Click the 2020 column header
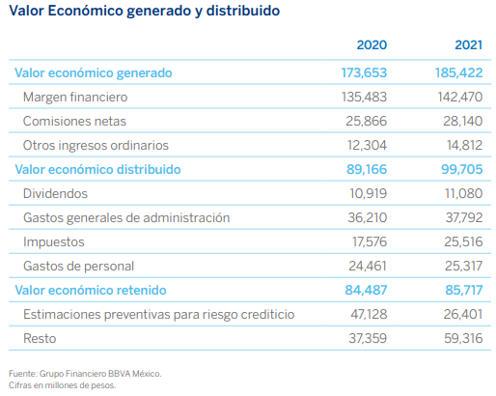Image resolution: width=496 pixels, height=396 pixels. coord(372,44)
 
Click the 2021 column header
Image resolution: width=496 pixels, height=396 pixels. coord(468,44)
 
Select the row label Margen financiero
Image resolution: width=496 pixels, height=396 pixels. coord(75,98)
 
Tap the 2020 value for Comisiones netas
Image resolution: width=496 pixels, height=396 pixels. coord(366,121)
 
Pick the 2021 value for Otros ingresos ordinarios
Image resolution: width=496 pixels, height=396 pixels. coord(464,145)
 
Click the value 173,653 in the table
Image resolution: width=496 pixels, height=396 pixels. coord(364,72)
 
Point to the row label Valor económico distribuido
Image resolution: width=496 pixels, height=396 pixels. coord(97,169)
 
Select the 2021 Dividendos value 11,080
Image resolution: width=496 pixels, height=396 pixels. coord(463,193)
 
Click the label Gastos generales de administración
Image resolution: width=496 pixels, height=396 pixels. coord(126,218)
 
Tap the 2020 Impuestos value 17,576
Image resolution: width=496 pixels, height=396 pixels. coord(370,241)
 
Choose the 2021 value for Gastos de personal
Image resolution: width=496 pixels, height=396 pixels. coord(463,266)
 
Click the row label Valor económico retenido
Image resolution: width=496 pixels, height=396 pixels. coord(91,290)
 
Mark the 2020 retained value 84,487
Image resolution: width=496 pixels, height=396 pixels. coord(366,290)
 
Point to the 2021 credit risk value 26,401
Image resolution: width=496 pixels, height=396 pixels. coord(463,314)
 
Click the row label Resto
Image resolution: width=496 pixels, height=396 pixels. coord(40,338)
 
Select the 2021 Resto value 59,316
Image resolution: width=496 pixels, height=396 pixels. coord(463,338)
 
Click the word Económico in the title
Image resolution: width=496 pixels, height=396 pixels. coord(85,11)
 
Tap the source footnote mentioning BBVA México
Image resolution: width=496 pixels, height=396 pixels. coord(85,374)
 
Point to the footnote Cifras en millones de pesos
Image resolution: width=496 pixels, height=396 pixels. coord(62,385)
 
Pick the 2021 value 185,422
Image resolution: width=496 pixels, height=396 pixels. coord(458,72)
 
